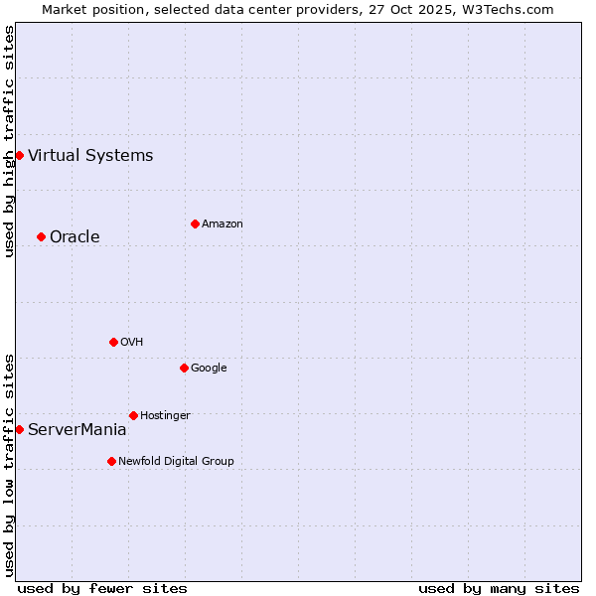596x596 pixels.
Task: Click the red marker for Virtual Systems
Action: point(19,155)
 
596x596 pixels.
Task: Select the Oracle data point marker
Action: point(41,236)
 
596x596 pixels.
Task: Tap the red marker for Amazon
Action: point(195,223)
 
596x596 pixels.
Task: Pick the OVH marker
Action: point(113,342)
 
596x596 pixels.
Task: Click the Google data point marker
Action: point(184,368)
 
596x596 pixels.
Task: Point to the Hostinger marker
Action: point(133,415)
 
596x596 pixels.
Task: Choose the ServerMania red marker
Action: point(19,429)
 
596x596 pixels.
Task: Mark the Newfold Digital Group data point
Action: point(111,461)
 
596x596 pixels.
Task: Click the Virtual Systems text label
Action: point(90,155)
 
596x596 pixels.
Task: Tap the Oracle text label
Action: point(74,236)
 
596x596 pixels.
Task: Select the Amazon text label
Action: point(223,223)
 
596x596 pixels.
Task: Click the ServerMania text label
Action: point(77,430)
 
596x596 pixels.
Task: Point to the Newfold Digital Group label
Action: point(177,461)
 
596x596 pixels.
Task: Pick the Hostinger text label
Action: point(165,415)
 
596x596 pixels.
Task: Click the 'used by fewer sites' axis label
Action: point(102,588)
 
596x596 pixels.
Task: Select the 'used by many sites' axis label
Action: point(499,588)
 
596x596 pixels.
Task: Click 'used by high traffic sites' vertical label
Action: point(9,141)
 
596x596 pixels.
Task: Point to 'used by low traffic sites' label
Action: point(9,465)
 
